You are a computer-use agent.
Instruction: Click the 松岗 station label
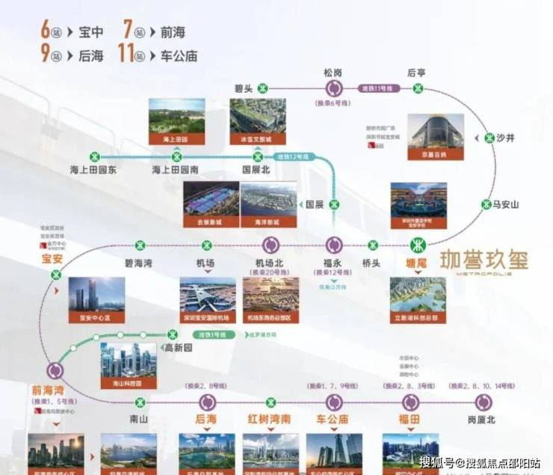[333, 73]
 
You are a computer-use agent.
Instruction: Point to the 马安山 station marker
[487, 203]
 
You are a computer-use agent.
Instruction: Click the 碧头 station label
[243, 88]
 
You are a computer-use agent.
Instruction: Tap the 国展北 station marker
[258, 157]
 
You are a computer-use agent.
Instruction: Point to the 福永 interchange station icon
[334, 245]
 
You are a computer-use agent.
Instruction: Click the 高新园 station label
[179, 348]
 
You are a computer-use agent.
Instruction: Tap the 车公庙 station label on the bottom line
[333, 420]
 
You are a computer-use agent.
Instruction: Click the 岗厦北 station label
[481, 420]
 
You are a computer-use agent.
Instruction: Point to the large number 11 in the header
[128, 55]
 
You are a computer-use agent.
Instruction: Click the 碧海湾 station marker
[139, 245]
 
